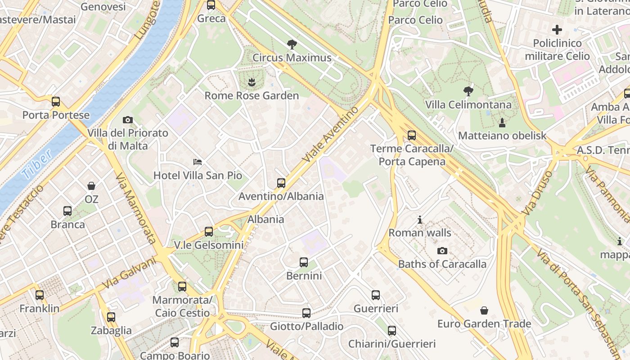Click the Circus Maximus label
pyautogui.click(x=292, y=58)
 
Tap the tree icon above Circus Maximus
pyautogui.click(x=292, y=44)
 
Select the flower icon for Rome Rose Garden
pyautogui.click(x=252, y=82)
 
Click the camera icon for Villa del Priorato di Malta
pyautogui.click(x=128, y=120)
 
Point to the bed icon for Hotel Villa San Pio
pyautogui.click(x=198, y=162)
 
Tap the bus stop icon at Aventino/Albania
pyautogui.click(x=281, y=183)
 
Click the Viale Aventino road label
pyautogui.click(x=332, y=134)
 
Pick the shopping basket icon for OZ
pyautogui.click(x=91, y=185)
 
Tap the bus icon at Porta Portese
pyautogui.click(x=56, y=102)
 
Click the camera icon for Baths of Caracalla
pyautogui.click(x=442, y=251)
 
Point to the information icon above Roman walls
pyautogui.click(x=420, y=220)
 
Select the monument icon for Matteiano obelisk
pyautogui.click(x=502, y=122)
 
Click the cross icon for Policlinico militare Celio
pyautogui.click(x=557, y=30)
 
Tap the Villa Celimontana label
pyautogui.click(x=468, y=105)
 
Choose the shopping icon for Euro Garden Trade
pyautogui.click(x=484, y=310)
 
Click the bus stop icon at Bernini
pyautogui.click(x=304, y=262)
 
